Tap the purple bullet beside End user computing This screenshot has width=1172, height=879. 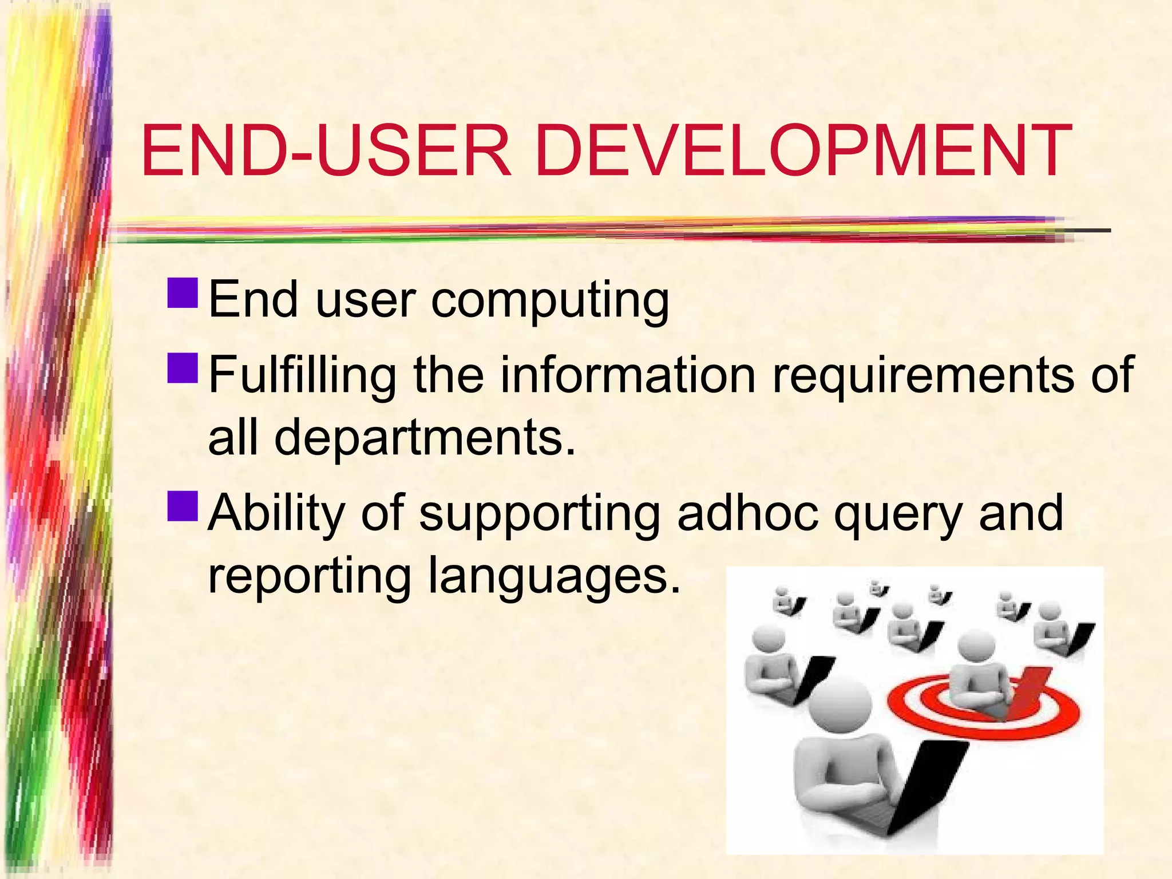(x=183, y=292)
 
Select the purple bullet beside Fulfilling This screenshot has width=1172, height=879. (x=183, y=367)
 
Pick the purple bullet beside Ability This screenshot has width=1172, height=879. (x=183, y=506)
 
